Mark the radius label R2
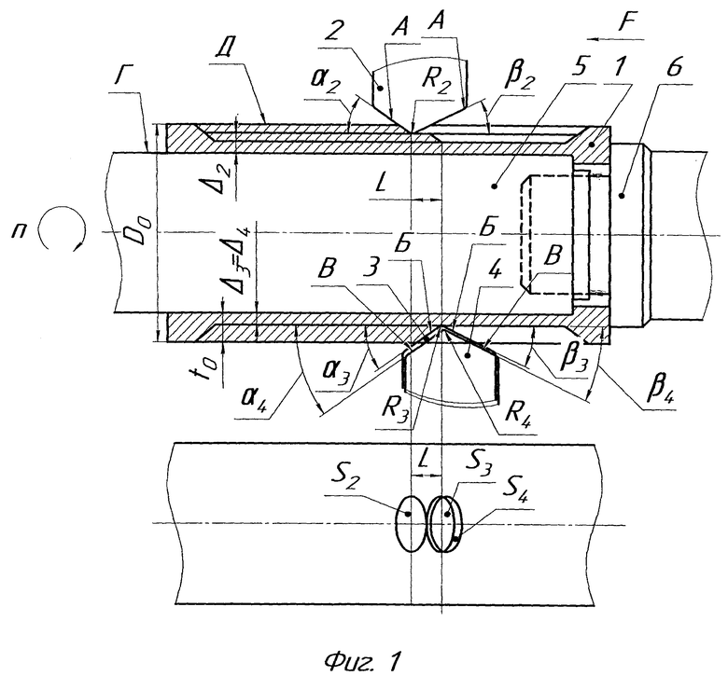pos(437,80)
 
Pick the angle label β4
pos(659,393)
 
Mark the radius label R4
pos(516,412)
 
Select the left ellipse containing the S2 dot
pos(411,523)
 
